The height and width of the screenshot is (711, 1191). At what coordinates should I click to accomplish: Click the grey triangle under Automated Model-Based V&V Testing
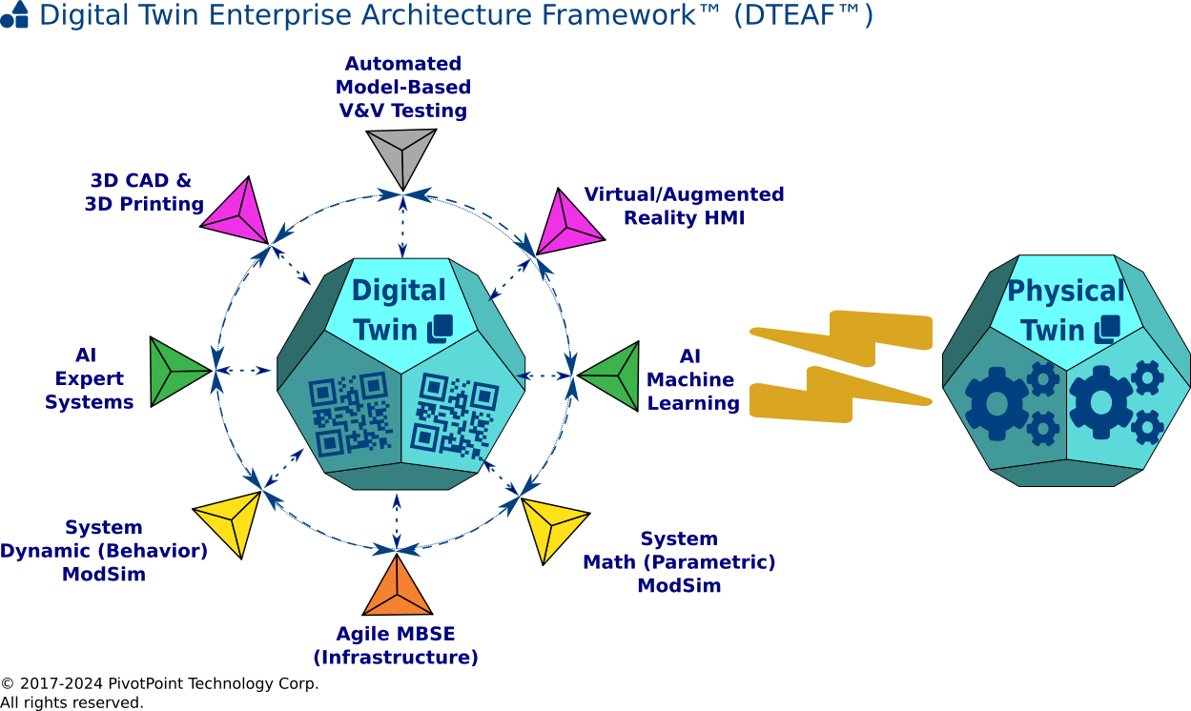click(x=401, y=153)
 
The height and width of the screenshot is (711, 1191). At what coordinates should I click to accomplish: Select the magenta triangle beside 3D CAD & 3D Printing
click(x=236, y=211)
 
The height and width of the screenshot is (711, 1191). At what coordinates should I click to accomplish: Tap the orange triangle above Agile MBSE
click(x=398, y=590)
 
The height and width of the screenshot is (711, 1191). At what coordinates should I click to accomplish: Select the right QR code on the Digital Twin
click(x=454, y=415)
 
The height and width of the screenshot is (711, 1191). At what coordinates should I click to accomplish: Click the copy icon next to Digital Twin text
click(x=440, y=329)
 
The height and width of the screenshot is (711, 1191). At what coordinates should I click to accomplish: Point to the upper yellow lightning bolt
click(x=844, y=336)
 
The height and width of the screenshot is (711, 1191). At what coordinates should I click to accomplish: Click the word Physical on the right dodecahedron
click(x=1066, y=291)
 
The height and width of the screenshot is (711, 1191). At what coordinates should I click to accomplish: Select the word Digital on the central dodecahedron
click(x=399, y=291)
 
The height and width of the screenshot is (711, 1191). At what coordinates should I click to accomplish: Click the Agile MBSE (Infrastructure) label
click(x=396, y=646)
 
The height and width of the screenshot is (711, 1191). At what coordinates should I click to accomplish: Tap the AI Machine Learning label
click(x=692, y=379)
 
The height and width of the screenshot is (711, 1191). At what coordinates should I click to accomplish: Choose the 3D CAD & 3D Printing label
click(x=144, y=192)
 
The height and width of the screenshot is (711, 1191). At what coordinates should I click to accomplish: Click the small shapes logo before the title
click(x=15, y=15)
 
